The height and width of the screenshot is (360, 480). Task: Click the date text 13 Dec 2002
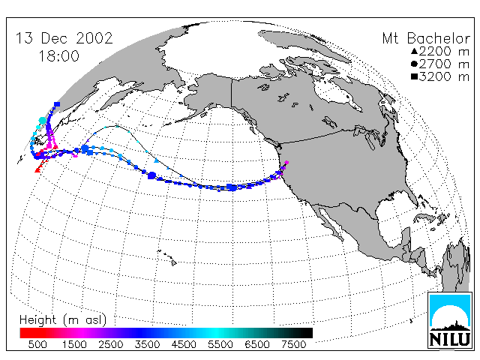point(64,38)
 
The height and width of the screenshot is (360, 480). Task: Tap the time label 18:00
point(58,56)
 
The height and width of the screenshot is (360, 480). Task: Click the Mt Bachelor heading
point(426,38)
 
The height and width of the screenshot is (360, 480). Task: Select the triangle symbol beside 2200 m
point(414,52)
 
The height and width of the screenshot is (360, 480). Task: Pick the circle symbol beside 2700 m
point(414,64)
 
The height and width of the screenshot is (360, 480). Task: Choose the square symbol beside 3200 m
point(414,76)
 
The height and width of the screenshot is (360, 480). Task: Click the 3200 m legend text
point(444,76)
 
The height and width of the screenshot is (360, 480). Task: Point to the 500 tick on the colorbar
point(37,345)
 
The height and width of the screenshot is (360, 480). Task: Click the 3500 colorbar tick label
point(147,345)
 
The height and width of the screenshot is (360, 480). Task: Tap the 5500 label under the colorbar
point(220,345)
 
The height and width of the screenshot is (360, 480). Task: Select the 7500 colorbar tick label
point(293,345)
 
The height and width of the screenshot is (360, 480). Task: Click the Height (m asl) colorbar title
point(63,320)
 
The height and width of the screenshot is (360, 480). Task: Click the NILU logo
point(450,320)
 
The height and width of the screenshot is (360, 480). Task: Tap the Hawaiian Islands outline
point(167,257)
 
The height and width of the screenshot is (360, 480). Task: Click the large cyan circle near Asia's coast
point(43,121)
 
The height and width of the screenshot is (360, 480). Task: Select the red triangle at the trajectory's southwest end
point(37,169)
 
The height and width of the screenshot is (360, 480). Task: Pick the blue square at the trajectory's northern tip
point(57,104)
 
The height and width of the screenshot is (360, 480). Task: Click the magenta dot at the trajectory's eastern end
point(286,163)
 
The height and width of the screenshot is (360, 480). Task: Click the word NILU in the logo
point(450,340)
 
